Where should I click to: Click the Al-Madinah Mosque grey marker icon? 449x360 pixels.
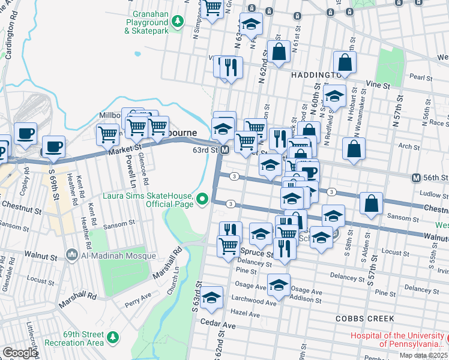tap(73, 256)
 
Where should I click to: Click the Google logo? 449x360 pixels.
tap(20, 353)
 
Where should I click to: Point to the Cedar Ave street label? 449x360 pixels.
tap(218, 325)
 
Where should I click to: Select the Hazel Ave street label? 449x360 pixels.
tap(246, 314)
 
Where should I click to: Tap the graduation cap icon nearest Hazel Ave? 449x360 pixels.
tap(212, 298)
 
